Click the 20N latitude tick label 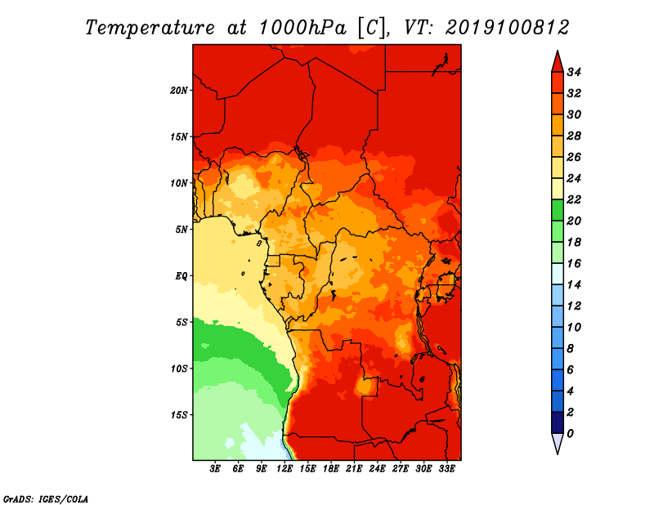click(x=178, y=91)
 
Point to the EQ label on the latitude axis click(x=181, y=276)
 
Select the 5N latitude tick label click(x=181, y=230)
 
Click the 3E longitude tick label click(x=215, y=468)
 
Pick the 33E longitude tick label click(x=446, y=468)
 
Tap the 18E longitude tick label click(x=331, y=468)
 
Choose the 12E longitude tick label click(x=284, y=468)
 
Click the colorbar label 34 click(x=574, y=72)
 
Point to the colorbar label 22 click(x=574, y=199)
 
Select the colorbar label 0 click(x=570, y=434)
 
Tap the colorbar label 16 click(x=574, y=264)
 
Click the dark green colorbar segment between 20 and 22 click(x=558, y=210)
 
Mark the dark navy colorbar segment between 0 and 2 click(x=558, y=422)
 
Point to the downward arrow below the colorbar click(x=558, y=442)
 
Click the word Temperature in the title click(x=150, y=29)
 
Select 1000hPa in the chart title click(x=302, y=28)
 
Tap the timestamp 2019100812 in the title click(x=507, y=28)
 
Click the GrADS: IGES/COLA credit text click(x=46, y=499)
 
